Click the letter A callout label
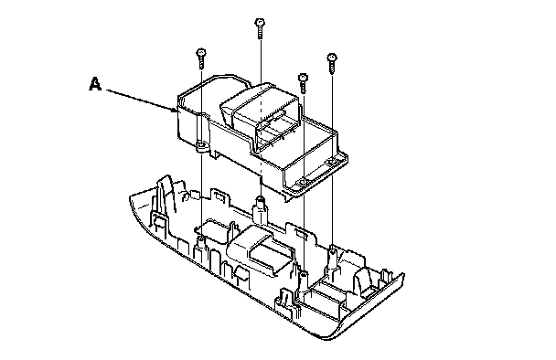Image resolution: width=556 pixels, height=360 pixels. pos(95,84)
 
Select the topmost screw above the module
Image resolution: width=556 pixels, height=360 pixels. pos(260,28)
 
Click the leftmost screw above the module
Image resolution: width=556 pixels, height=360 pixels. pos(201,58)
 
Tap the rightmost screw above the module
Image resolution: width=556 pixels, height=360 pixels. pos(332,63)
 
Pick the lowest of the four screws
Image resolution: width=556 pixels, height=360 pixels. pos(304,83)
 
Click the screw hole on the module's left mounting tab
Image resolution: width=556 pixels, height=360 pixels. pos(201,145)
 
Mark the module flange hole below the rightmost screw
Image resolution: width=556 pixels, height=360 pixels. pos(332,162)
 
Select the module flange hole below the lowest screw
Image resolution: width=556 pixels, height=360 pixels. pos(304,182)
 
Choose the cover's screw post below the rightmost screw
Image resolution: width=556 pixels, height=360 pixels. pos(332,256)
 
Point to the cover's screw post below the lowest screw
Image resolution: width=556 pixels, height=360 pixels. pos(304,280)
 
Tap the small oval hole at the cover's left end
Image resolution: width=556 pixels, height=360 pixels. pos(158,223)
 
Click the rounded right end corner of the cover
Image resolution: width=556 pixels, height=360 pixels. pos(399,280)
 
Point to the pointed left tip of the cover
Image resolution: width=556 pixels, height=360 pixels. pos(131,196)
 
